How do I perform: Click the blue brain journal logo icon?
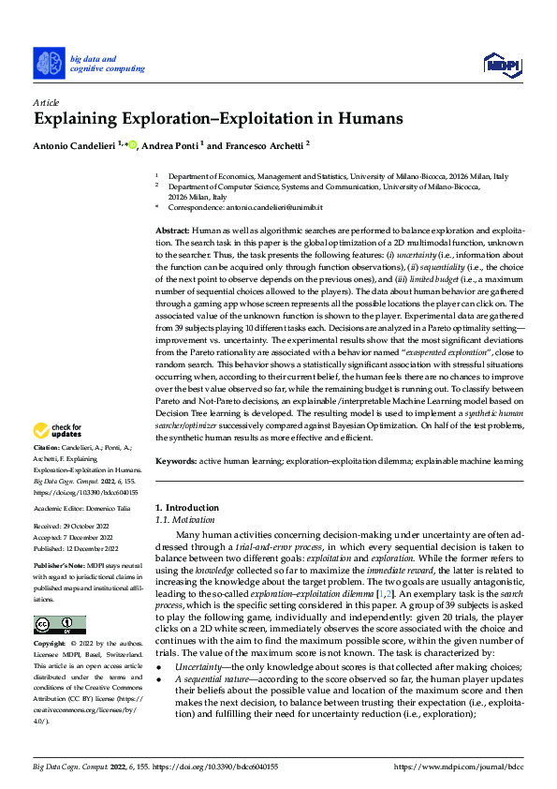point(49,63)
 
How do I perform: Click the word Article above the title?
point(46,102)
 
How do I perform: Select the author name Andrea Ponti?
point(172,146)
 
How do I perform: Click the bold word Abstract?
point(172,231)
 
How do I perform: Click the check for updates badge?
point(58,431)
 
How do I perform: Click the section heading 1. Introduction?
point(187,508)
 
